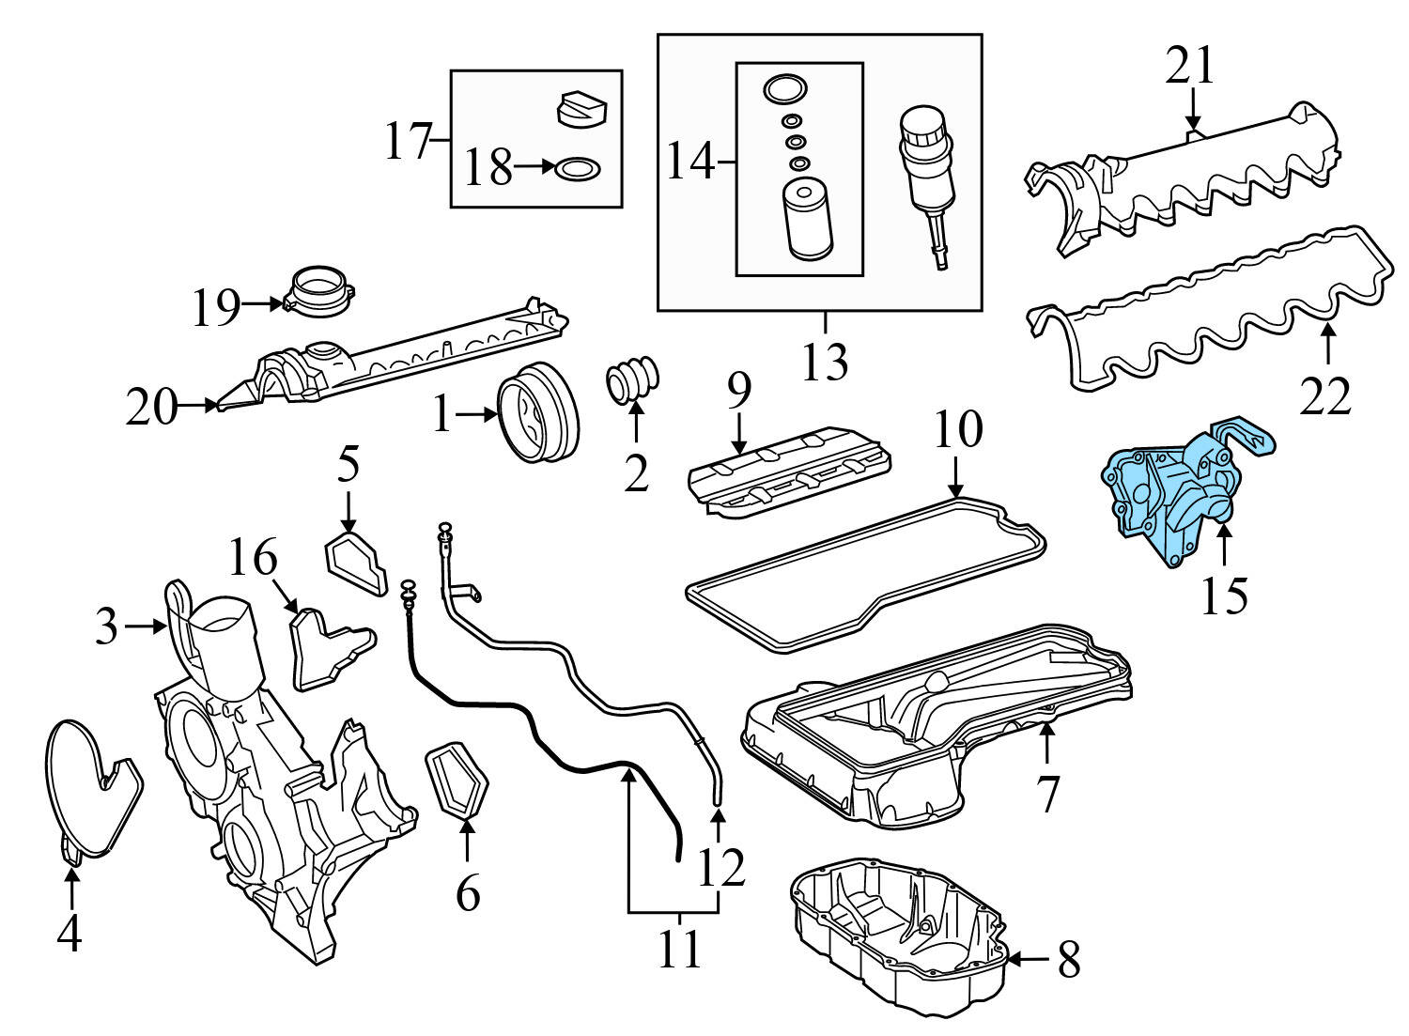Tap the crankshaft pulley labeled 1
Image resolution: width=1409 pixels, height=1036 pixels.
point(538,415)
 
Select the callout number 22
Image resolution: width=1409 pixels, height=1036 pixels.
point(1325,394)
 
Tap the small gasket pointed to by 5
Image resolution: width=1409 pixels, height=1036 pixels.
point(356,564)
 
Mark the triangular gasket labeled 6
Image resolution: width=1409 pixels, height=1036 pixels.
point(459,780)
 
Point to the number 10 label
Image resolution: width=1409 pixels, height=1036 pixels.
point(957,428)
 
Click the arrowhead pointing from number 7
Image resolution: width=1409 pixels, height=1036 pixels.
point(1046,729)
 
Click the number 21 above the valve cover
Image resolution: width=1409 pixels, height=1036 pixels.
point(1190,67)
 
